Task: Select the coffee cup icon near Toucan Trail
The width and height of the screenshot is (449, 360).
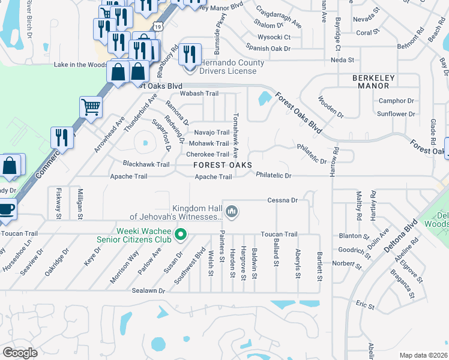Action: click(6, 209)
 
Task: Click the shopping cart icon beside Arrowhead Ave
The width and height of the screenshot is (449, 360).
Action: click(91, 108)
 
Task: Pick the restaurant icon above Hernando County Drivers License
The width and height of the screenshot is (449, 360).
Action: click(189, 55)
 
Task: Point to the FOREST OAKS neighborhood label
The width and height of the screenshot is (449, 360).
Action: click(222, 165)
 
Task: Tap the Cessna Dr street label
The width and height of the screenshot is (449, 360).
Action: click(283, 200)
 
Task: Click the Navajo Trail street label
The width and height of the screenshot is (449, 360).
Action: click(210, 133)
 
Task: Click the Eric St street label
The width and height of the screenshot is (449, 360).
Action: click(365, 306)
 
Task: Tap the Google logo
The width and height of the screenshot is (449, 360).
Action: click(20, 353)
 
